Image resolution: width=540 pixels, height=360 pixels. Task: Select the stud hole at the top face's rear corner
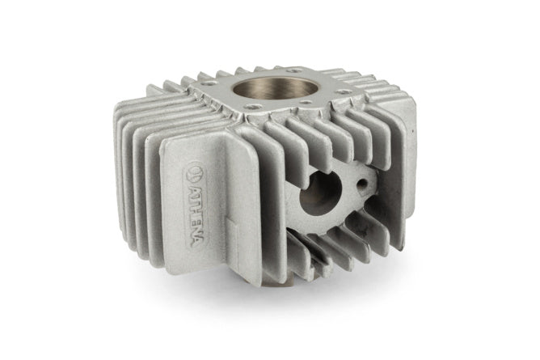[x=293, y=70]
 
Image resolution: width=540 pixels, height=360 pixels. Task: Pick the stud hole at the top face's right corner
[x=344, y=91]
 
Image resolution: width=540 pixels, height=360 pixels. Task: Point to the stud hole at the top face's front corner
[x=254, y=107]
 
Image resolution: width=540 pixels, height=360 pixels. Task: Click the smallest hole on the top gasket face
[x=304, y=102]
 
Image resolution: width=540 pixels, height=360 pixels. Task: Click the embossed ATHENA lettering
[x=195, y=216]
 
